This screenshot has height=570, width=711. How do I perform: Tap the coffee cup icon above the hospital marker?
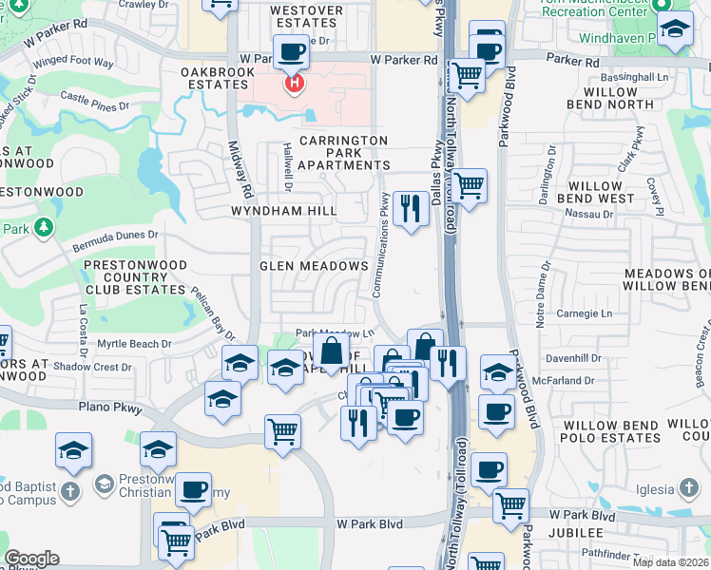pyautogui.click(x=291, y=51)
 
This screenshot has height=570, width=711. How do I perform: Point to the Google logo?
pyautogui.click(x=30, y=558)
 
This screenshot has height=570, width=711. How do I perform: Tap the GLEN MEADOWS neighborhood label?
pyautogui.click(x=314, y=267)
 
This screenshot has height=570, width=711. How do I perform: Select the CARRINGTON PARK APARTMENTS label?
pyautogui.click(x=343, y=152)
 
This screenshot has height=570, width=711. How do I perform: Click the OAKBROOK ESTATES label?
pyautogui.click(x=216, y=78)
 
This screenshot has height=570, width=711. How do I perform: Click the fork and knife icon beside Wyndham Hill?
pyautogui.click(x=410, y=209)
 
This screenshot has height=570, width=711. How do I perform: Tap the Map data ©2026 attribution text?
pyautogui.click(x=670, y=561)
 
